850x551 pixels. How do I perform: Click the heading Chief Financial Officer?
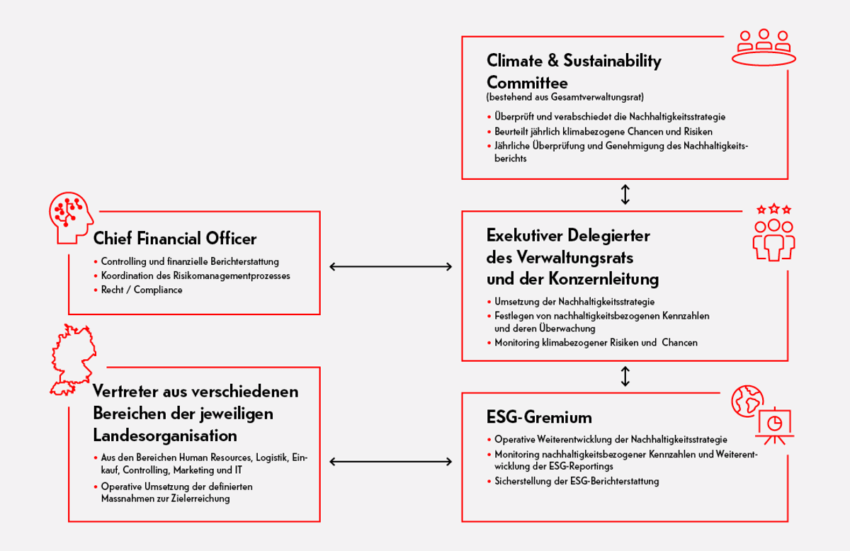point(175,238)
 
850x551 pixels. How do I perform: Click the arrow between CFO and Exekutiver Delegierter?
point(390,267)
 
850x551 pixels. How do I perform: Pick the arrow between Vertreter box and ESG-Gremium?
point(390,462)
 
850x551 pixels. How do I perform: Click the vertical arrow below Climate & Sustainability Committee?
point(625,195)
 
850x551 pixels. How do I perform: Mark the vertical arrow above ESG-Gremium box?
point(625,376)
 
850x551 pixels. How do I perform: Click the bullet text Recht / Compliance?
point(142,290)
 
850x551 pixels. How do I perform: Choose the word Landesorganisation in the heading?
point(165,434)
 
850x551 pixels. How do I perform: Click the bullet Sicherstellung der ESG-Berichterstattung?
point(577,482)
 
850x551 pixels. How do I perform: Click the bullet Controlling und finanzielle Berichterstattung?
point(190,261)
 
